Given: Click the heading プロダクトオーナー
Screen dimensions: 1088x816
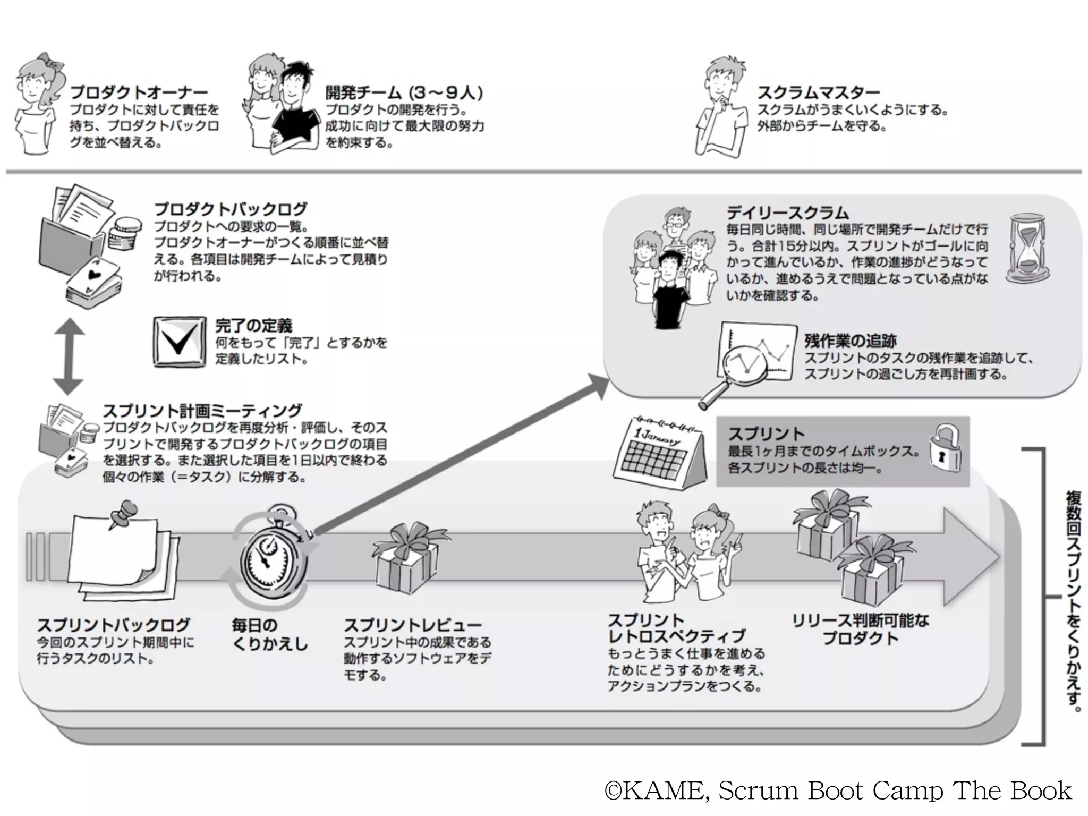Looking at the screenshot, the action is pos(139,93).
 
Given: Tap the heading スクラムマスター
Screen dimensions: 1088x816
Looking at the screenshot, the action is pos(818,93).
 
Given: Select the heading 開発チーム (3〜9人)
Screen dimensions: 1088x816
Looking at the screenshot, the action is pos(404,93).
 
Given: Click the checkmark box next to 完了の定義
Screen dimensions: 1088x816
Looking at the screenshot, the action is pos(179,342).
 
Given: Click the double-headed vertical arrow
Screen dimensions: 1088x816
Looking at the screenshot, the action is pos(68,356).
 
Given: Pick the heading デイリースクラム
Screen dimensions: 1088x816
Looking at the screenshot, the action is pos(787,213).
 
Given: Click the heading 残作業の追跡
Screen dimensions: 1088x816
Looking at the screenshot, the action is pos(851,341).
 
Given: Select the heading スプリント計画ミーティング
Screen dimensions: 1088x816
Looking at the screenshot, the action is pos(202,411).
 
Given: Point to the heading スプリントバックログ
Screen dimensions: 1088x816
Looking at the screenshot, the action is pos(113,625).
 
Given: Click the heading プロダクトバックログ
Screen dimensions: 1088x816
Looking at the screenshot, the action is pos(231,209).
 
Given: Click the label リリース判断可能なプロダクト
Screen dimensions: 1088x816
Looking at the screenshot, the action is pos(860,629).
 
